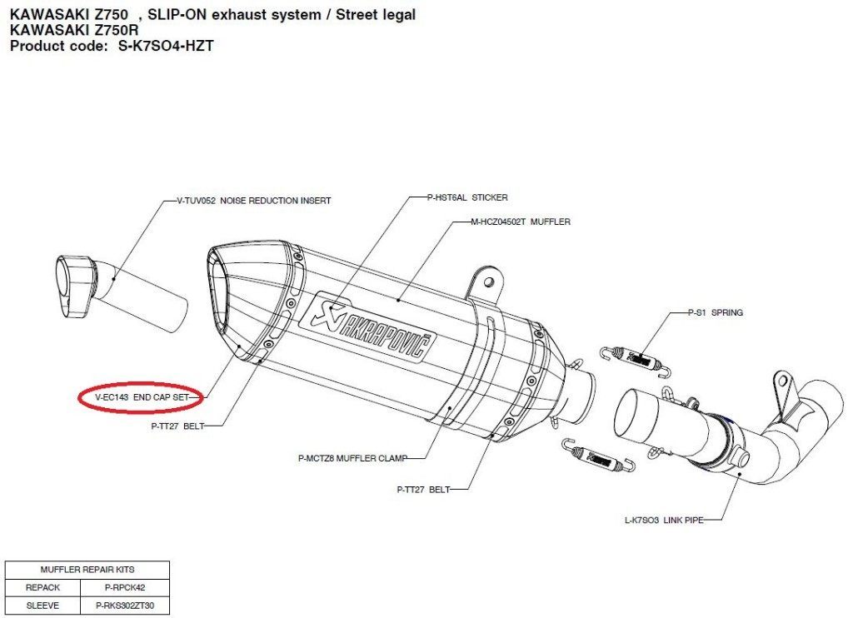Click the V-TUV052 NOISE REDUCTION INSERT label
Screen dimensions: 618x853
click(x=254, y=201)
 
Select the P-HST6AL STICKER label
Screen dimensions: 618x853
click(x=467, y=197)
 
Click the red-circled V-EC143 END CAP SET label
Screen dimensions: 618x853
click(x=140, y=398)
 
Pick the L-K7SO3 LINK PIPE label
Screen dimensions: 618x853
click(x=664, y=520)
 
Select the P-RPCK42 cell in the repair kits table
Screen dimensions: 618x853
click(x=125, y=587)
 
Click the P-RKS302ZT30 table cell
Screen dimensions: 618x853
click(x=125, y=606)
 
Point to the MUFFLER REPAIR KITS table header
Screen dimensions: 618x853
click(x=87, y=570)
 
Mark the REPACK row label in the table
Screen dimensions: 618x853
click(x=42, y=587)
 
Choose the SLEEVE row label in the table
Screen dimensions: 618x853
click(x=42, y=606)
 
